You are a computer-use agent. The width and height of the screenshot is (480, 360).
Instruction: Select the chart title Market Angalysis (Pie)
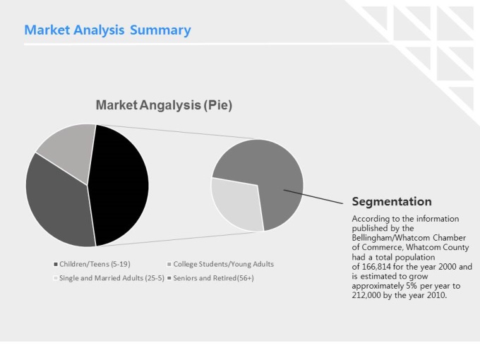pyautogui.click(x=164, y=105)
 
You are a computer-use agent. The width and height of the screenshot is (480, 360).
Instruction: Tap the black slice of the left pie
pyautogui.click(x=119, y=185)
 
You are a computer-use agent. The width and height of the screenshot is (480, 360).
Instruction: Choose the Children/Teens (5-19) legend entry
pyautogui.click(x=92, y=264)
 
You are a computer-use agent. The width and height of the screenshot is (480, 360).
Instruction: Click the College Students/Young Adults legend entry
pyautogui.click(x=221, y=264)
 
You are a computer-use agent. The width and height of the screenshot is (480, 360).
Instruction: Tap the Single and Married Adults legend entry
pyautogui.click(x=109, y=278)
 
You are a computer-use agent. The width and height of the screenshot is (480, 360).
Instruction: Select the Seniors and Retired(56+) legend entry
pyautogui.click(x=211, y=278)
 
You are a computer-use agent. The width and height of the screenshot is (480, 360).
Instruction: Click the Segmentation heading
pyautogui.click(x=392, y=202)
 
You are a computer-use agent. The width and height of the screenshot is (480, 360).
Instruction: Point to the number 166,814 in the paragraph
pyautogui.click(x=376, y=267)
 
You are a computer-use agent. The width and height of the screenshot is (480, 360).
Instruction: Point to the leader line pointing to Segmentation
pyautogui.click(x=313, y=196)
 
